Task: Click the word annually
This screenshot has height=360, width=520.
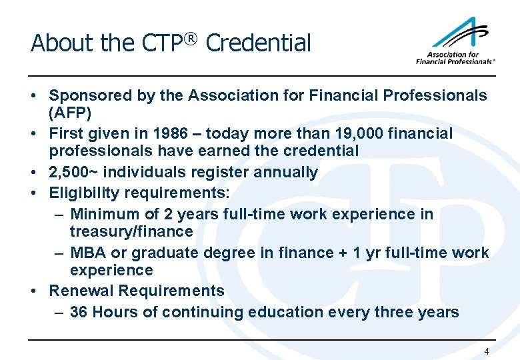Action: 282,172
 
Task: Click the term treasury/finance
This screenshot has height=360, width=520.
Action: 131,231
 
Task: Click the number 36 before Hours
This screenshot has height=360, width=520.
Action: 79,312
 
